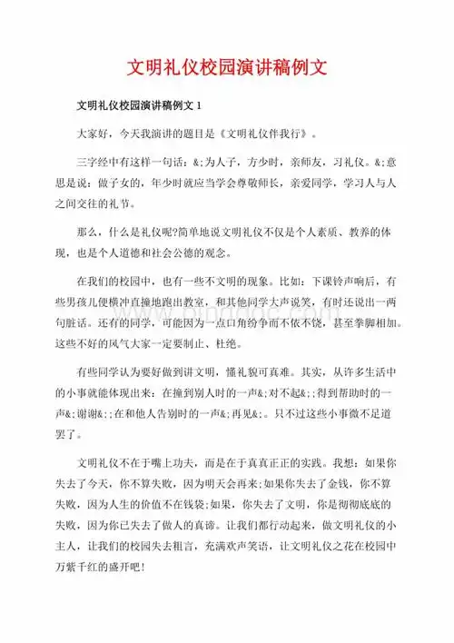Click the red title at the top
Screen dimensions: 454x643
pyautogui.click(x=226, y=68)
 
